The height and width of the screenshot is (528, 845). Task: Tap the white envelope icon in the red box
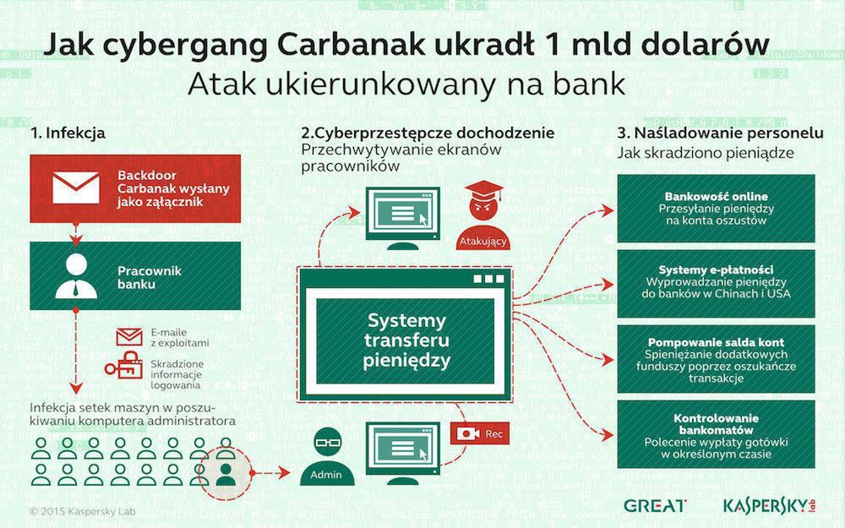pyautogui.click(x=76, y=186)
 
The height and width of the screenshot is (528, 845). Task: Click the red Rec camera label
pyautogui.click(x=477, y=433)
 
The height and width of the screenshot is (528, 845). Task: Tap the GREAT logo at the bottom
pyautogui.click(x=654, y=505)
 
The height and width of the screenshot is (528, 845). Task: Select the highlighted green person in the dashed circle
pyautogui.click(x=225, y=472)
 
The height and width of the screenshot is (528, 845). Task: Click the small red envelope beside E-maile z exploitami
pyautogui.click(x=129, y=337)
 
